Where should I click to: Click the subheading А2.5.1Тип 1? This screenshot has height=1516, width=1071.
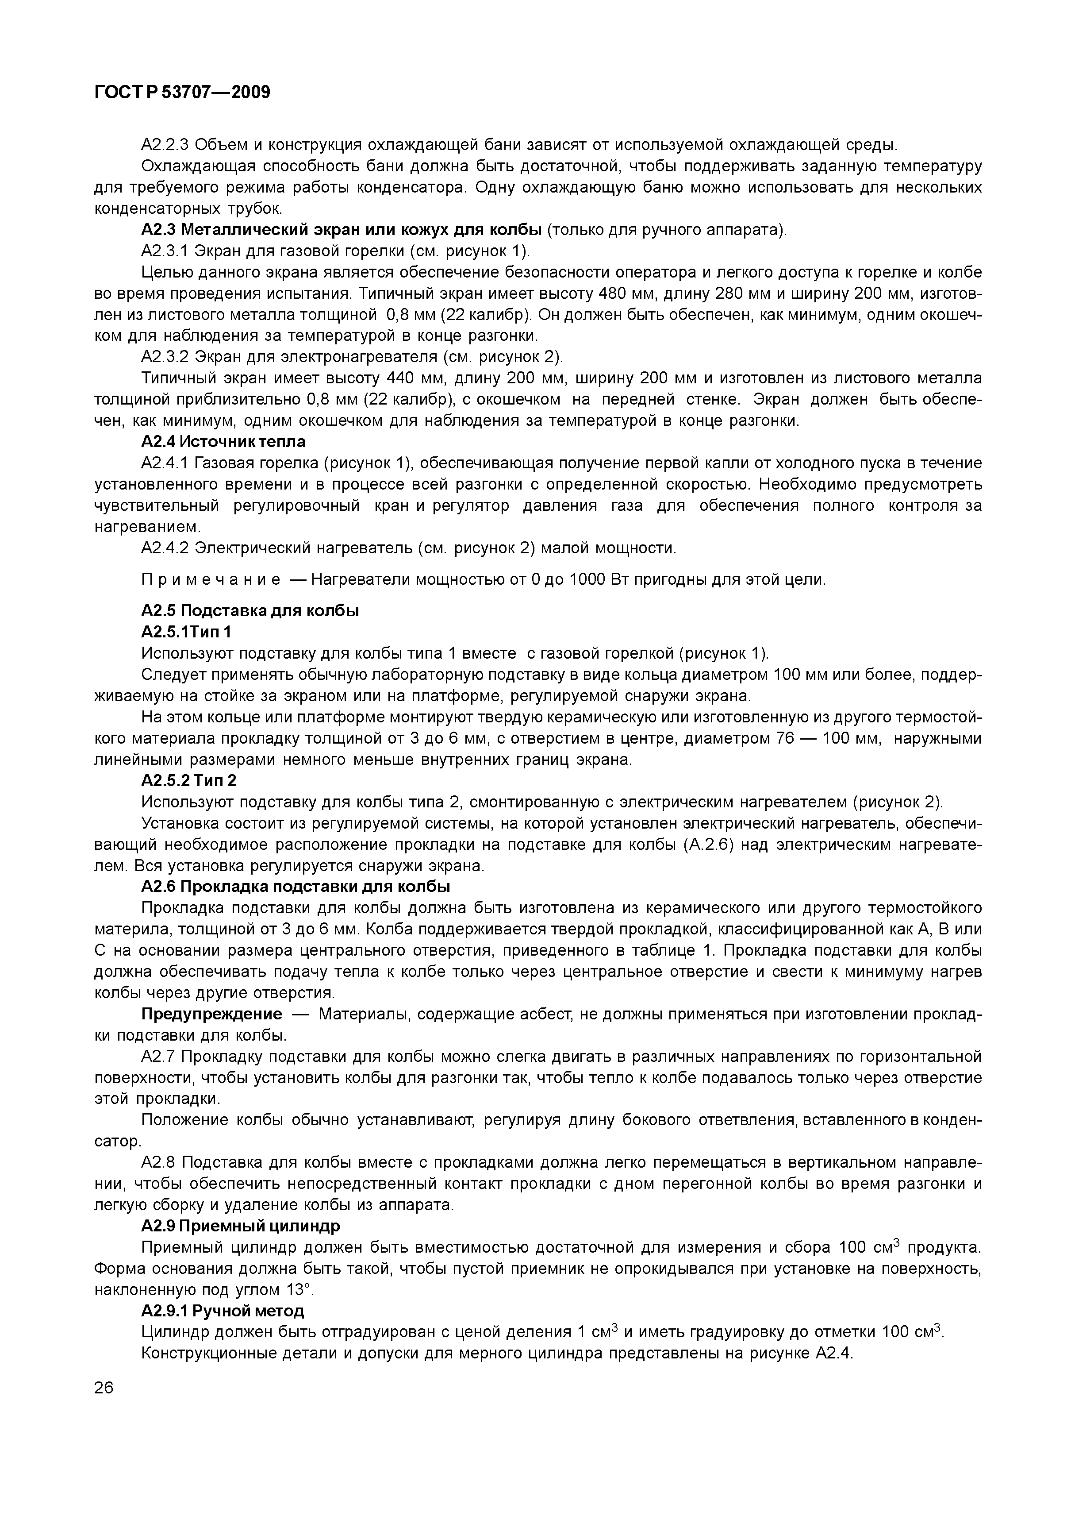[x=186, y=632]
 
